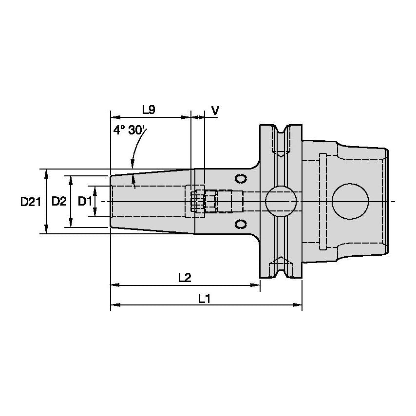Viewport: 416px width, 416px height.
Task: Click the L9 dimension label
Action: point(149,110)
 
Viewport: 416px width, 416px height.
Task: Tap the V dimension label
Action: point(215,110)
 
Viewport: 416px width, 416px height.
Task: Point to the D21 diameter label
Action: point(30,201)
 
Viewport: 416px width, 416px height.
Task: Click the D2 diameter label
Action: point(59,201)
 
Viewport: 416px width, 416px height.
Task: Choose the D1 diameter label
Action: point(85,201)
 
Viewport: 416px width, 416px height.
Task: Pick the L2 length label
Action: point(184,278)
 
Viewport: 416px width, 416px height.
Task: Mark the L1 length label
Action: point(204,298)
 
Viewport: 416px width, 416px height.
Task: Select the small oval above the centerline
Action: point(240,178)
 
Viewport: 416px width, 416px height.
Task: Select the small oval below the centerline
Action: point(240,224)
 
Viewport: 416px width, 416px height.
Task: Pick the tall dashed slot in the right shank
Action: point(322,201)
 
